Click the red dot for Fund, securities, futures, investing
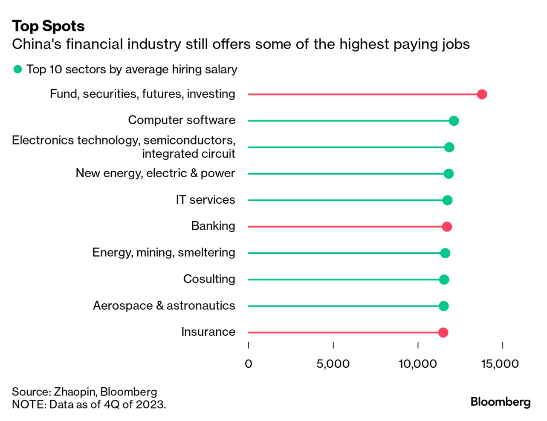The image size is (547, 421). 482,94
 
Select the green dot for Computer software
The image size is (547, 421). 454,121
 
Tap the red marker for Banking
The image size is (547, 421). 447,226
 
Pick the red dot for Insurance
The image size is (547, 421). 443,332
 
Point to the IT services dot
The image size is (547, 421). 447,200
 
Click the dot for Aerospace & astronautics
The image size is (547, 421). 443,306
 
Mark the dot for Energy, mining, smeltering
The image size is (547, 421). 445,253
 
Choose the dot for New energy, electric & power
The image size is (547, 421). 449,173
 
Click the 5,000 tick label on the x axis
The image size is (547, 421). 333,363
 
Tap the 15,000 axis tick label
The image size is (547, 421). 500,363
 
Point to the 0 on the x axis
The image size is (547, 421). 249,363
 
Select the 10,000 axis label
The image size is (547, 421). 417,363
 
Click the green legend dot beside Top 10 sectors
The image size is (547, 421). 17,69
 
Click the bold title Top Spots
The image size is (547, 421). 48,26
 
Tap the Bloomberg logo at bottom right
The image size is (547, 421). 500,402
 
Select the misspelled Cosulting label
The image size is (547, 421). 209,279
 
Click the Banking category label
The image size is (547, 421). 213,226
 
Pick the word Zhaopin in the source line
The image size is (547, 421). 75,392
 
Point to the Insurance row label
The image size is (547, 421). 208,332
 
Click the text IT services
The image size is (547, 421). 205,199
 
